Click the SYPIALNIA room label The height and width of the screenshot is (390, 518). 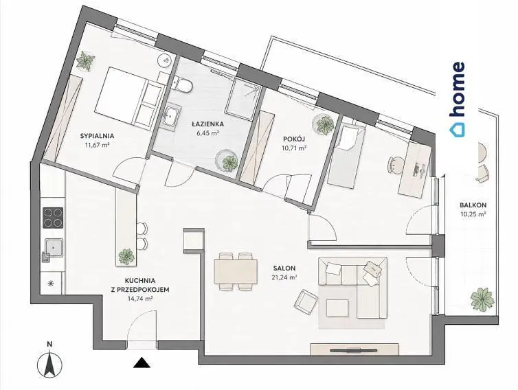(97, 135)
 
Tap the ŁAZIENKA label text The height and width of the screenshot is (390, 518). (208, 124)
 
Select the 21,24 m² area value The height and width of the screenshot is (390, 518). (284, 277)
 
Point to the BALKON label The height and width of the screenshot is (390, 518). (473, 205)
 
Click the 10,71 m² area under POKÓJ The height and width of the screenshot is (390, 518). (294, 148)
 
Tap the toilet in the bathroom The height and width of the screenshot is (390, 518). (183, 84)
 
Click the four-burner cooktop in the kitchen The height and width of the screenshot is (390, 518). (53, 218)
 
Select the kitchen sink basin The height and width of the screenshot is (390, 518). (54, 247)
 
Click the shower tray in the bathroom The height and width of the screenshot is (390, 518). (243, 99)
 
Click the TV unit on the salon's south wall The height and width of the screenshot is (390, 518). (354, 349)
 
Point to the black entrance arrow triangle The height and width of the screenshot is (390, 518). (142, 363)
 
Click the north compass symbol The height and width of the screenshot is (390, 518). (49, 365)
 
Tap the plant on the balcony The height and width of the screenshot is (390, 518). (483, 299)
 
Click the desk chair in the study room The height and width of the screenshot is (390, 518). (396, 164)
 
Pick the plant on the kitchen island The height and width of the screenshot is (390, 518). (126, 257)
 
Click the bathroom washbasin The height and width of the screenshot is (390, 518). (170, 116)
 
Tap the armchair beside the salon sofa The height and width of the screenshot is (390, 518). (306, 301)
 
